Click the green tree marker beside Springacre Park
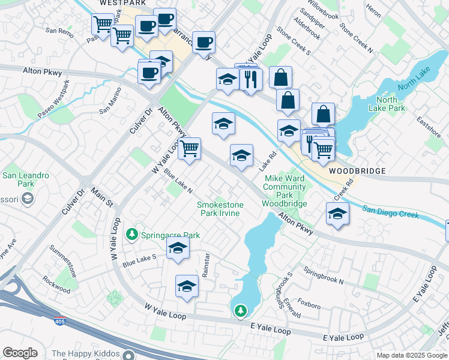click(131, 235)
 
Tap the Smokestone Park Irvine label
click(220, 209)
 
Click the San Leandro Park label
click(25, 179)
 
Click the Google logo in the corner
click(20, 352)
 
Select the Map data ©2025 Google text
click(411, 355)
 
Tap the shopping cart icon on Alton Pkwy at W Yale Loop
click(189, 148)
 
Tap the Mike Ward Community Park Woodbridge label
click(285, 191)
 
